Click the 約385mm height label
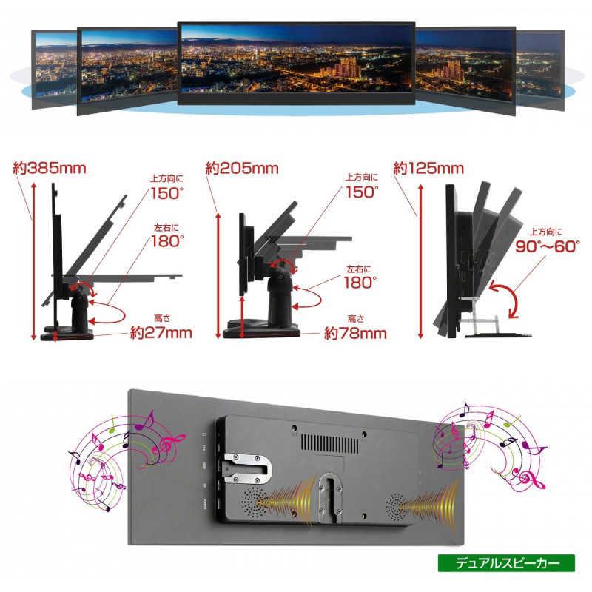coord(50,168)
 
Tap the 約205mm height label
coord(242,169)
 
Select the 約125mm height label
coord(428,169)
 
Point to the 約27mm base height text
coord(161,332)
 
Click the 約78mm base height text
coord(355,333)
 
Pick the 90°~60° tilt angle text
coord(548,246)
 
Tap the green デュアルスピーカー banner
coord(506,563)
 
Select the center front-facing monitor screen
coord(297,62)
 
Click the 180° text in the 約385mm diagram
coord(167,241)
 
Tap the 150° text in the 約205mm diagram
coord(361,192)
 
